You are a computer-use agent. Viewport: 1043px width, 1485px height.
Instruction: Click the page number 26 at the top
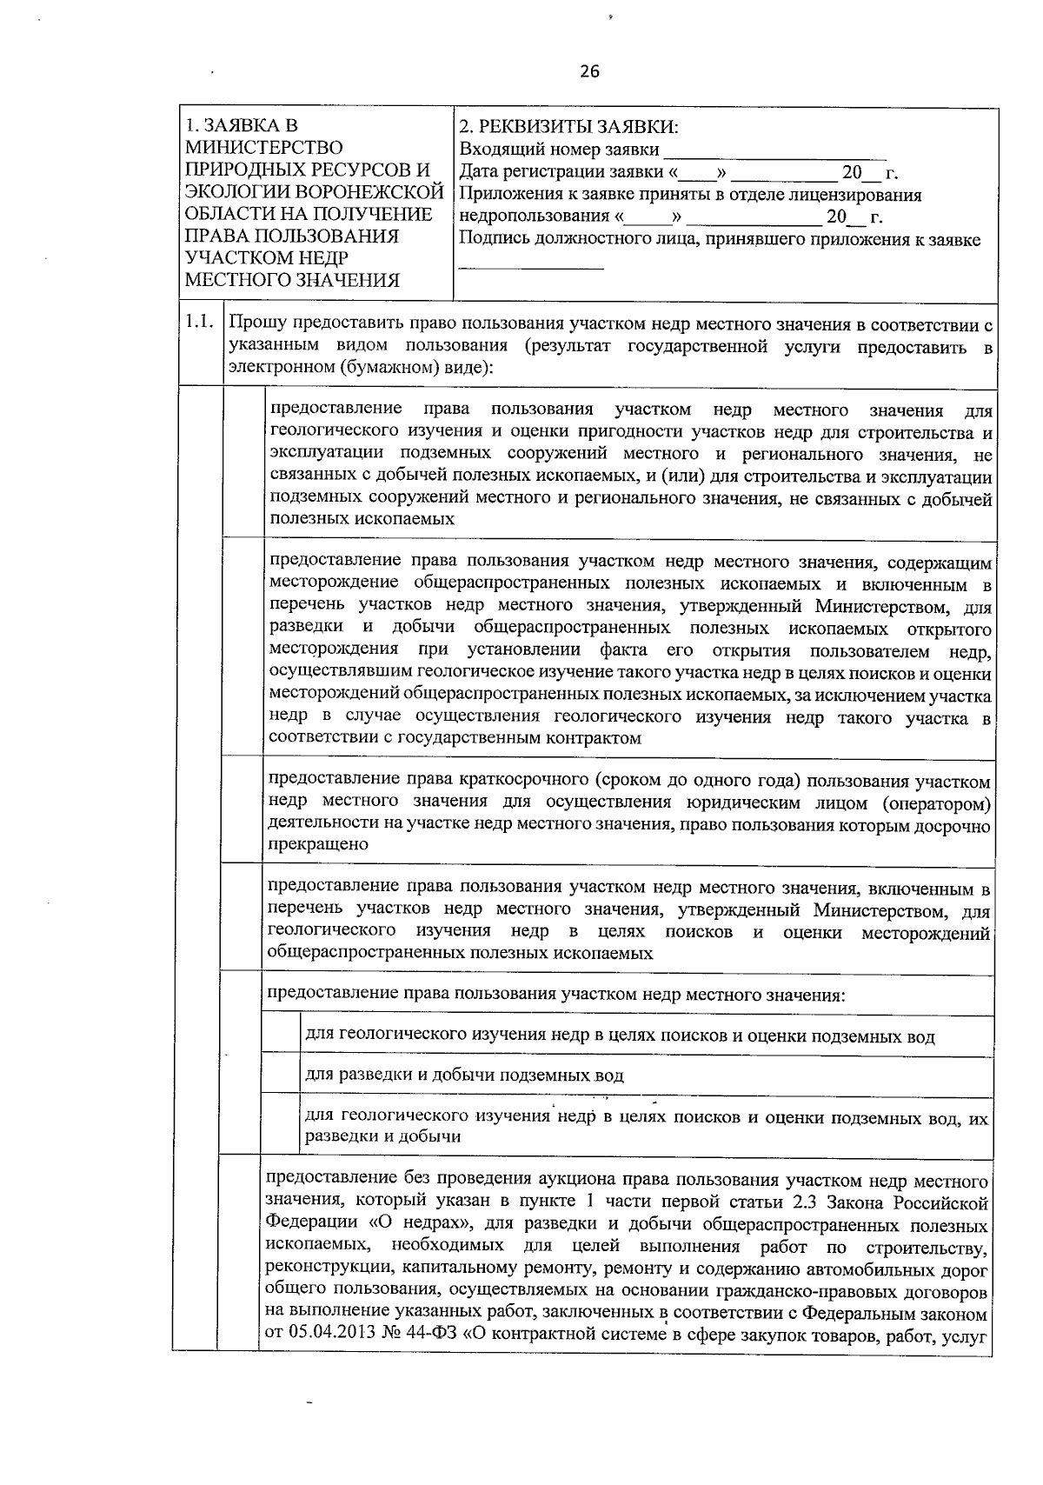coord(589,72)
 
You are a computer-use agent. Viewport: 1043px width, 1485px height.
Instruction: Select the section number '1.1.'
coord(199,323)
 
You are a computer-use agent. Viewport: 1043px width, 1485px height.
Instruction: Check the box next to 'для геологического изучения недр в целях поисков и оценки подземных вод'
coord(281,1035)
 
